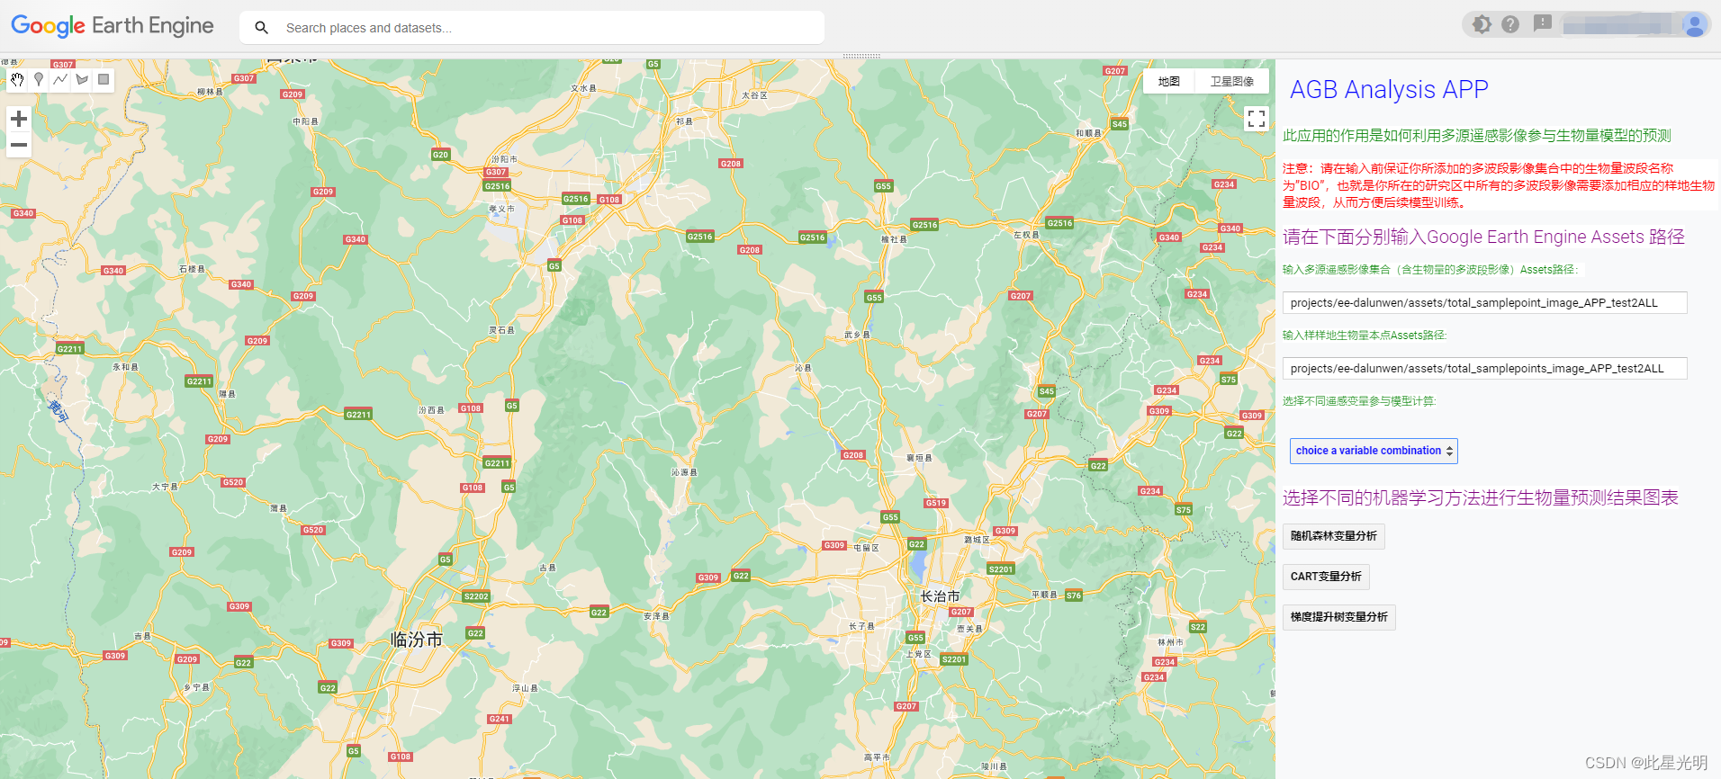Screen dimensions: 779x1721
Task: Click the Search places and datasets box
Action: [540, 28]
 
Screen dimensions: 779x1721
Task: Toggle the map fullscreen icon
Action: [1257, 119]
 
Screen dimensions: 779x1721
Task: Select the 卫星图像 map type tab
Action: [1231, 82]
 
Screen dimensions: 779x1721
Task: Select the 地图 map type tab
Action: [1168, 82]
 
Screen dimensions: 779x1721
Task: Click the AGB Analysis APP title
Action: [1388, 90]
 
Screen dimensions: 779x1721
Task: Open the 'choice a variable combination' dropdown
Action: [1374, 451]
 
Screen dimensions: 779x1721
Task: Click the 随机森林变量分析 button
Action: [1333, 536]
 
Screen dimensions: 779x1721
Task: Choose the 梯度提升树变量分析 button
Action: [1338, 617]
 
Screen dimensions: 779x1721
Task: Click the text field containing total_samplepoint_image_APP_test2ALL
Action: [1484, 303]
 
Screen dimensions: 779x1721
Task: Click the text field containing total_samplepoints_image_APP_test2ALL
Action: [1484, 369]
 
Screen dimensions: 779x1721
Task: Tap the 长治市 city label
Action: [940, 596]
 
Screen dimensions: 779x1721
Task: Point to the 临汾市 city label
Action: [417, 640]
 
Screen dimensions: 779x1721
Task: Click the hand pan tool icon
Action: [17, 80]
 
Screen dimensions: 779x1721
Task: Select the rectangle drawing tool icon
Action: [104, 80]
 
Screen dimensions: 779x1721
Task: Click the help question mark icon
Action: [1510, 24]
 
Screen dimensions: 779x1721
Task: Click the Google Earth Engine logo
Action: [113, 26]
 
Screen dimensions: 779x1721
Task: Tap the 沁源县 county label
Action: [684, 472]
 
